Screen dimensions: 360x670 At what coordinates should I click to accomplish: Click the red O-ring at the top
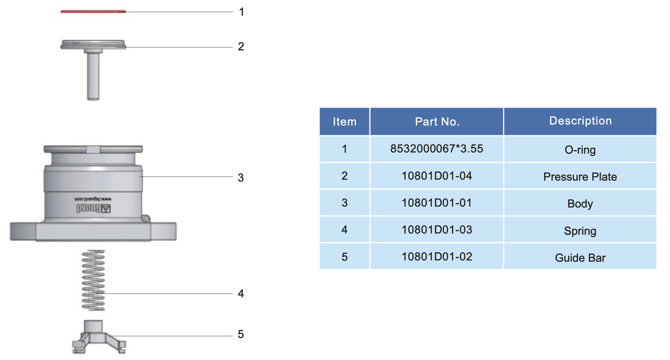(93, 11)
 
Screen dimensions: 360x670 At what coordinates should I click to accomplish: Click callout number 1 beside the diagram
(241, 12)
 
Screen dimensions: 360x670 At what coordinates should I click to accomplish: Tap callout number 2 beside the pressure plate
(241, 47)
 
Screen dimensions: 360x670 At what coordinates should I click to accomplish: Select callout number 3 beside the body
(241, 178)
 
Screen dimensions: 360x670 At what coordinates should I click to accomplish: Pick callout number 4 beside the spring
(241, 294)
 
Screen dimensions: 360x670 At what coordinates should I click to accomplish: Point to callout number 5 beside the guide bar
(241, 335)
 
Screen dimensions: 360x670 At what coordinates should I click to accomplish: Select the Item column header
(345, 122)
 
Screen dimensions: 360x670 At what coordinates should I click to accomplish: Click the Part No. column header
(437, 122)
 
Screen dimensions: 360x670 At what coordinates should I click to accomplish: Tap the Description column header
(580, 121)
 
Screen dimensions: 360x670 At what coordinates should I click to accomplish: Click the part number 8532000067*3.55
(437, 149)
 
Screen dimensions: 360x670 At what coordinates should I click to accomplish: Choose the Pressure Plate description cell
(580, 177)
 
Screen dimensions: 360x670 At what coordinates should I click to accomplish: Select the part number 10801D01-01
(437, 203)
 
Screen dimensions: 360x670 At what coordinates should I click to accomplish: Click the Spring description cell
(580, 231)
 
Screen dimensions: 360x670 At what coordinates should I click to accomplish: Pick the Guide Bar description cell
(580, 258)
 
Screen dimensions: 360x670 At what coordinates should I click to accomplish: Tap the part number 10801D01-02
(437, 257)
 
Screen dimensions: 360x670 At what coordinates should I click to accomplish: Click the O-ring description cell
(580, 150)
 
